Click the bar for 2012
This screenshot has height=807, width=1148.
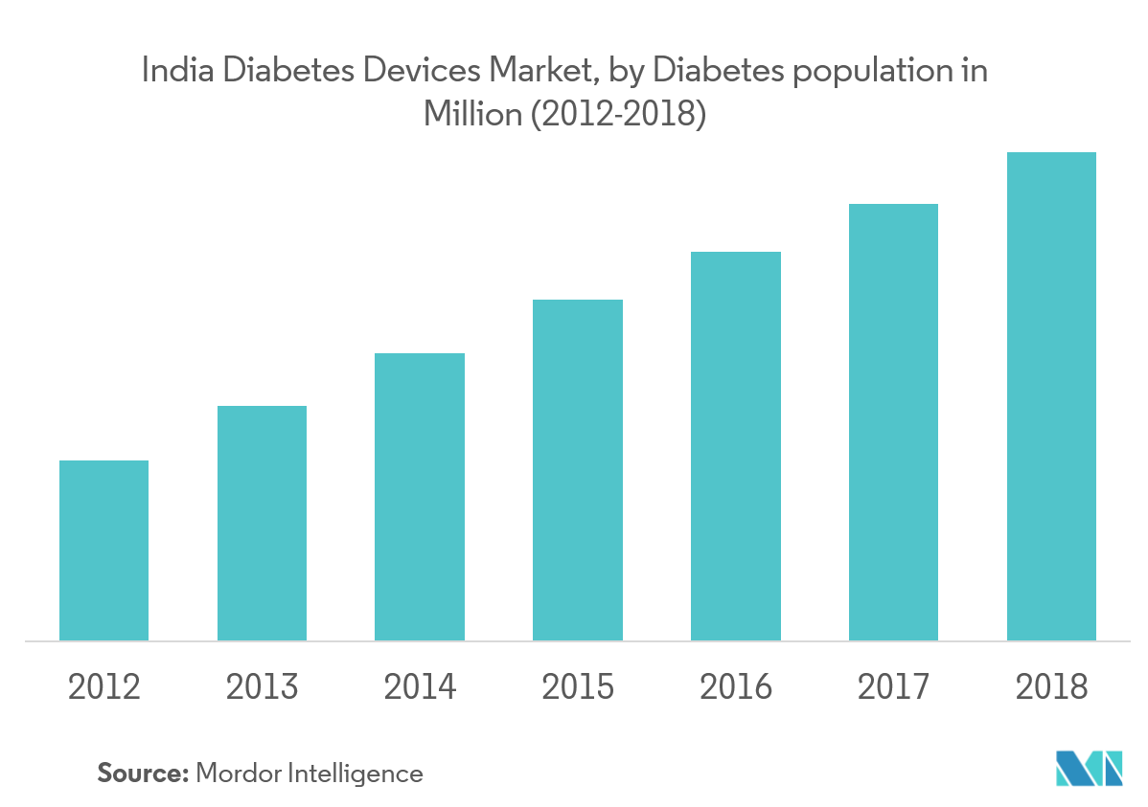point(103,550)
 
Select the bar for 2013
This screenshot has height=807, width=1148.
point(262,523)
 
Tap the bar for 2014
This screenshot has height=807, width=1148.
point(420,497)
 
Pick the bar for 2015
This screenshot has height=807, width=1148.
point(578,470)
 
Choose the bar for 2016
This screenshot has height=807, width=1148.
point(736,446)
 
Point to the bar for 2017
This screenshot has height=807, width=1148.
point(893,422)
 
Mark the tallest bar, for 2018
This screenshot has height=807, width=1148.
point(1051,396)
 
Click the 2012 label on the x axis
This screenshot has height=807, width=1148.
point(103,687)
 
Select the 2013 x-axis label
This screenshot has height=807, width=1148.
point(262,687)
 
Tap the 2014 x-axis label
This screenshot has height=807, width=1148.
point(420,687)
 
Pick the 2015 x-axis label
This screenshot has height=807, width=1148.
point(578,687)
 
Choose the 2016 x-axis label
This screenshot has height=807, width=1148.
point(736,687)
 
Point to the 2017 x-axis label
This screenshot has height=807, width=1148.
point(893,687)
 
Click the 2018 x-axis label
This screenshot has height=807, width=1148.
point(1051,687)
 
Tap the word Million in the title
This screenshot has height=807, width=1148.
point(469,116)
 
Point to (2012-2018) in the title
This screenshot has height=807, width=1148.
point(619,116)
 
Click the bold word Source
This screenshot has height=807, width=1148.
point(142,773)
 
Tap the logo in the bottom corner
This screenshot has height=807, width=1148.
point(1089,767)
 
